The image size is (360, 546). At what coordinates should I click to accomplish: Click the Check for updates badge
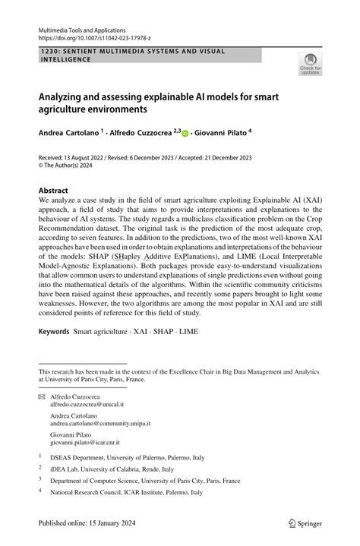[310, 65]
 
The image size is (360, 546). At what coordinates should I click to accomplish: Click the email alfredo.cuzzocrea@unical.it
[88, 406]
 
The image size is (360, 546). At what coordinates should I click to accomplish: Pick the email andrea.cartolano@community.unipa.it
[100, 424]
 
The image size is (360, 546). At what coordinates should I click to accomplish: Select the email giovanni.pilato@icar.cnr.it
[87, 441]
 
